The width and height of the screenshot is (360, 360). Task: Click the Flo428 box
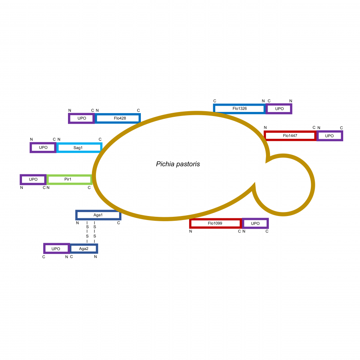(x=118, y=118)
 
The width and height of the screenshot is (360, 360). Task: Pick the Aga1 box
(x=98, y=215)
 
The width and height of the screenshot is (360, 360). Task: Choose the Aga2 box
(x=84, y=249)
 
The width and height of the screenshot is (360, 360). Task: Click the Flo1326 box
(x=240, y=108)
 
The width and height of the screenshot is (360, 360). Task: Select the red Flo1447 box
(x=290, y=136)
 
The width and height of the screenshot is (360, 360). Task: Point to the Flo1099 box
(x=216, y=223)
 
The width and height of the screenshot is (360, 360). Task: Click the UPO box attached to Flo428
(x=82, y=118)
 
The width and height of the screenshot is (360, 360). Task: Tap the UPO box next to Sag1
(x=43, y=147)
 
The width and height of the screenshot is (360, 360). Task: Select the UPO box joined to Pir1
(x=33, y=179)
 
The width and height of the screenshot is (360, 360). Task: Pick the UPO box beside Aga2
(x=56, y=249)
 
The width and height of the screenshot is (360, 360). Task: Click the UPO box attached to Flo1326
(x=279, y=108)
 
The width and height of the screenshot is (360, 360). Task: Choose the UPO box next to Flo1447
(x=330, y=136)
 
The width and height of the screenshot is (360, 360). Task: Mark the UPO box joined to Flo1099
(x=255, y=223)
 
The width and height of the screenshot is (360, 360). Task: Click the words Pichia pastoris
(x=178, y=164)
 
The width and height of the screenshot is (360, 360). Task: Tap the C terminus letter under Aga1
(x=118, y=223)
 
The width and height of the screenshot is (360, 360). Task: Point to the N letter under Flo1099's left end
(x=190, y=232)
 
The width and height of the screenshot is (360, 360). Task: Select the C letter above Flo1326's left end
(x=215, y=101)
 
